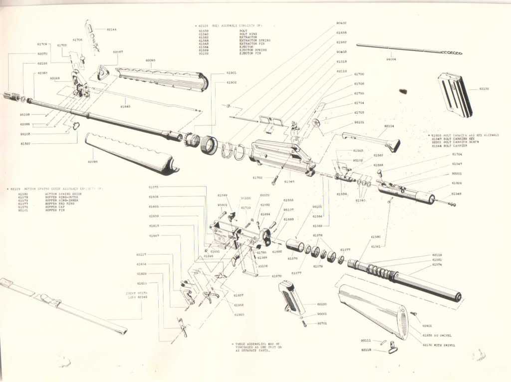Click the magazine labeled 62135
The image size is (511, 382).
(455, 94)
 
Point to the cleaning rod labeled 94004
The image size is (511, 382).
(409, 48)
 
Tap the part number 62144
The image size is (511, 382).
(112, 29)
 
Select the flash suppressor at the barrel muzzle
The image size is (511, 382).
(11, 96)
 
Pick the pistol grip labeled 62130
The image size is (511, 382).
(292, 297)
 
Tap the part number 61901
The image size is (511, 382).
(232, 72)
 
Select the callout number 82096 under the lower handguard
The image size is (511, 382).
(93, 161)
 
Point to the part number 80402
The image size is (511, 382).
(341, 23)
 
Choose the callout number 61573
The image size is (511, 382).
(153, 187)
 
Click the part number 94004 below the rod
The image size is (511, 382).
(391, 59)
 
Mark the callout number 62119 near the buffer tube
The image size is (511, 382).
(437, 254)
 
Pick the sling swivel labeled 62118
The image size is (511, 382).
(393, 347)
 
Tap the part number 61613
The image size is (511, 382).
(142, 283)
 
